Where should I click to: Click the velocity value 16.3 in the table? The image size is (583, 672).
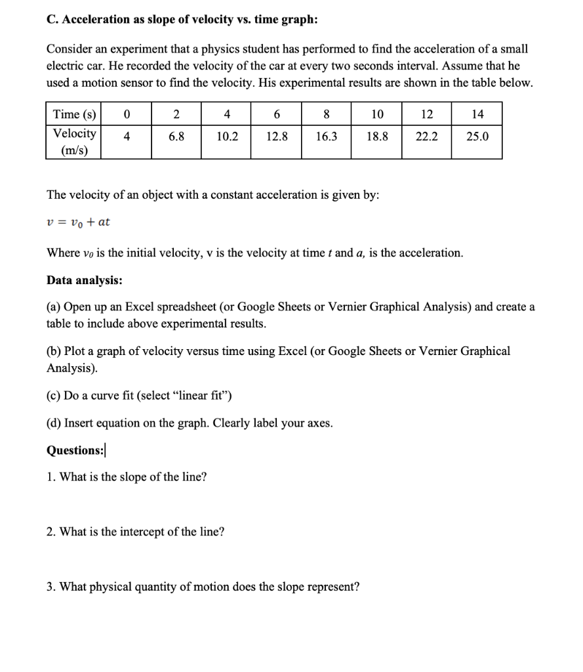(327, 137)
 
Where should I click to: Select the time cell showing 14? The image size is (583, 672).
(477, 114)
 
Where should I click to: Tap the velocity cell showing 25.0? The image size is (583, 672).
(477, 137)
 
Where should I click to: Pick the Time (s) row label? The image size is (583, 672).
(74, 114)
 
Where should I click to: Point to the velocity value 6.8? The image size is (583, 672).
(177, 137)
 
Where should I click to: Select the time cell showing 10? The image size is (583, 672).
(377, 114)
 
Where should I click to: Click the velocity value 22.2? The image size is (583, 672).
(427, 137)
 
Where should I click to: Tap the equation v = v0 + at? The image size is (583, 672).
(78, 222)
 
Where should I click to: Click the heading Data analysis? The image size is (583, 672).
(84, 280)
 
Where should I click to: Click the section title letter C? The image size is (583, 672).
(51, 20)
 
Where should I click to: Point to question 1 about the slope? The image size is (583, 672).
(127, 477)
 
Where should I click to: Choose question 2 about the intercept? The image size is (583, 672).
(135, 532)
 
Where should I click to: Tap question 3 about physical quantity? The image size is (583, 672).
(203, 587)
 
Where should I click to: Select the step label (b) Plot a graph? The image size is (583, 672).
(54, 351)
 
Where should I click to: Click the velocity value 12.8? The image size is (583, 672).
(277, 137)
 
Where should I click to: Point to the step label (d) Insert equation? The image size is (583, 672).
(54, 423)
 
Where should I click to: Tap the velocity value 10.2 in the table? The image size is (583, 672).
(227, 137)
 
